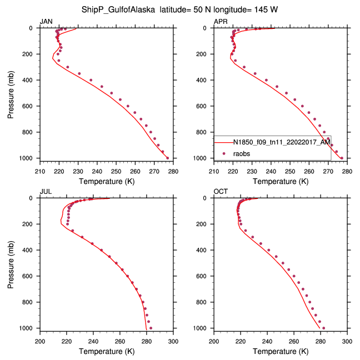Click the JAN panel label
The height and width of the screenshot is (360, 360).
47,22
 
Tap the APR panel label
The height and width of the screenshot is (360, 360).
221,22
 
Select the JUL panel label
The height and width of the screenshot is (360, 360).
46,192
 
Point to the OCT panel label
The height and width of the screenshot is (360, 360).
221,192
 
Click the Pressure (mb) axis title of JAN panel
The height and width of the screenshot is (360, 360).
12,93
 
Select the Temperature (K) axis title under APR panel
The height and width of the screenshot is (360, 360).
281,181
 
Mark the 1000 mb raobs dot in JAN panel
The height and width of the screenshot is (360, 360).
167,158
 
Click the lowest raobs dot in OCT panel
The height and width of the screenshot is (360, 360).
323,328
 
